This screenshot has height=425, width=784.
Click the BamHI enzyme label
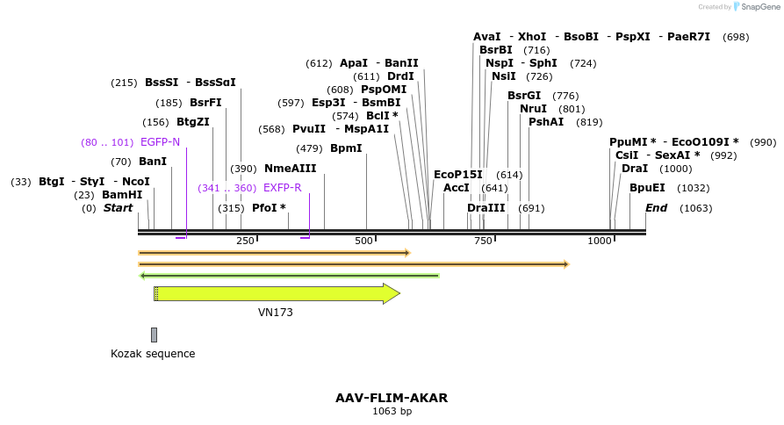coord(121,195)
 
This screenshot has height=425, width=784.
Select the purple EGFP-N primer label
coord(160,142)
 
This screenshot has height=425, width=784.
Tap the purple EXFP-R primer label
coord(282,188)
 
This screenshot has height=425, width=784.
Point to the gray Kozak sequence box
coord(154,335)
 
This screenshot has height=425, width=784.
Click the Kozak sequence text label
coord(153,354)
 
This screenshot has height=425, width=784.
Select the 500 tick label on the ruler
coord(364,241)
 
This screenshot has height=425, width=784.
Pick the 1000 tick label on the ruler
coord(600,241)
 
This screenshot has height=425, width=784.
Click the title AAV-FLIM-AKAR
coord(392,398)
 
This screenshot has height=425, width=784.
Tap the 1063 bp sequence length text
coord(392,411)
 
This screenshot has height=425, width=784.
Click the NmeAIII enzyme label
coord(290,169)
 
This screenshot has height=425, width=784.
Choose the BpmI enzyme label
coord(346,148)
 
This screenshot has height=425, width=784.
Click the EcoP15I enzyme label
coord(458,175)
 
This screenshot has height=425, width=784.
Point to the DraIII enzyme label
coord(486,208)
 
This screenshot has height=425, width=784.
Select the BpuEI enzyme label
coord(647,188)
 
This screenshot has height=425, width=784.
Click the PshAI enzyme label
coord(546,122)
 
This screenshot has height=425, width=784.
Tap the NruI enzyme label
coord(533,109)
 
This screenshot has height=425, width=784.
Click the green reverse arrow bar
coord(290,276)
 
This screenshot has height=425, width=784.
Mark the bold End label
coord(656,208)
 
